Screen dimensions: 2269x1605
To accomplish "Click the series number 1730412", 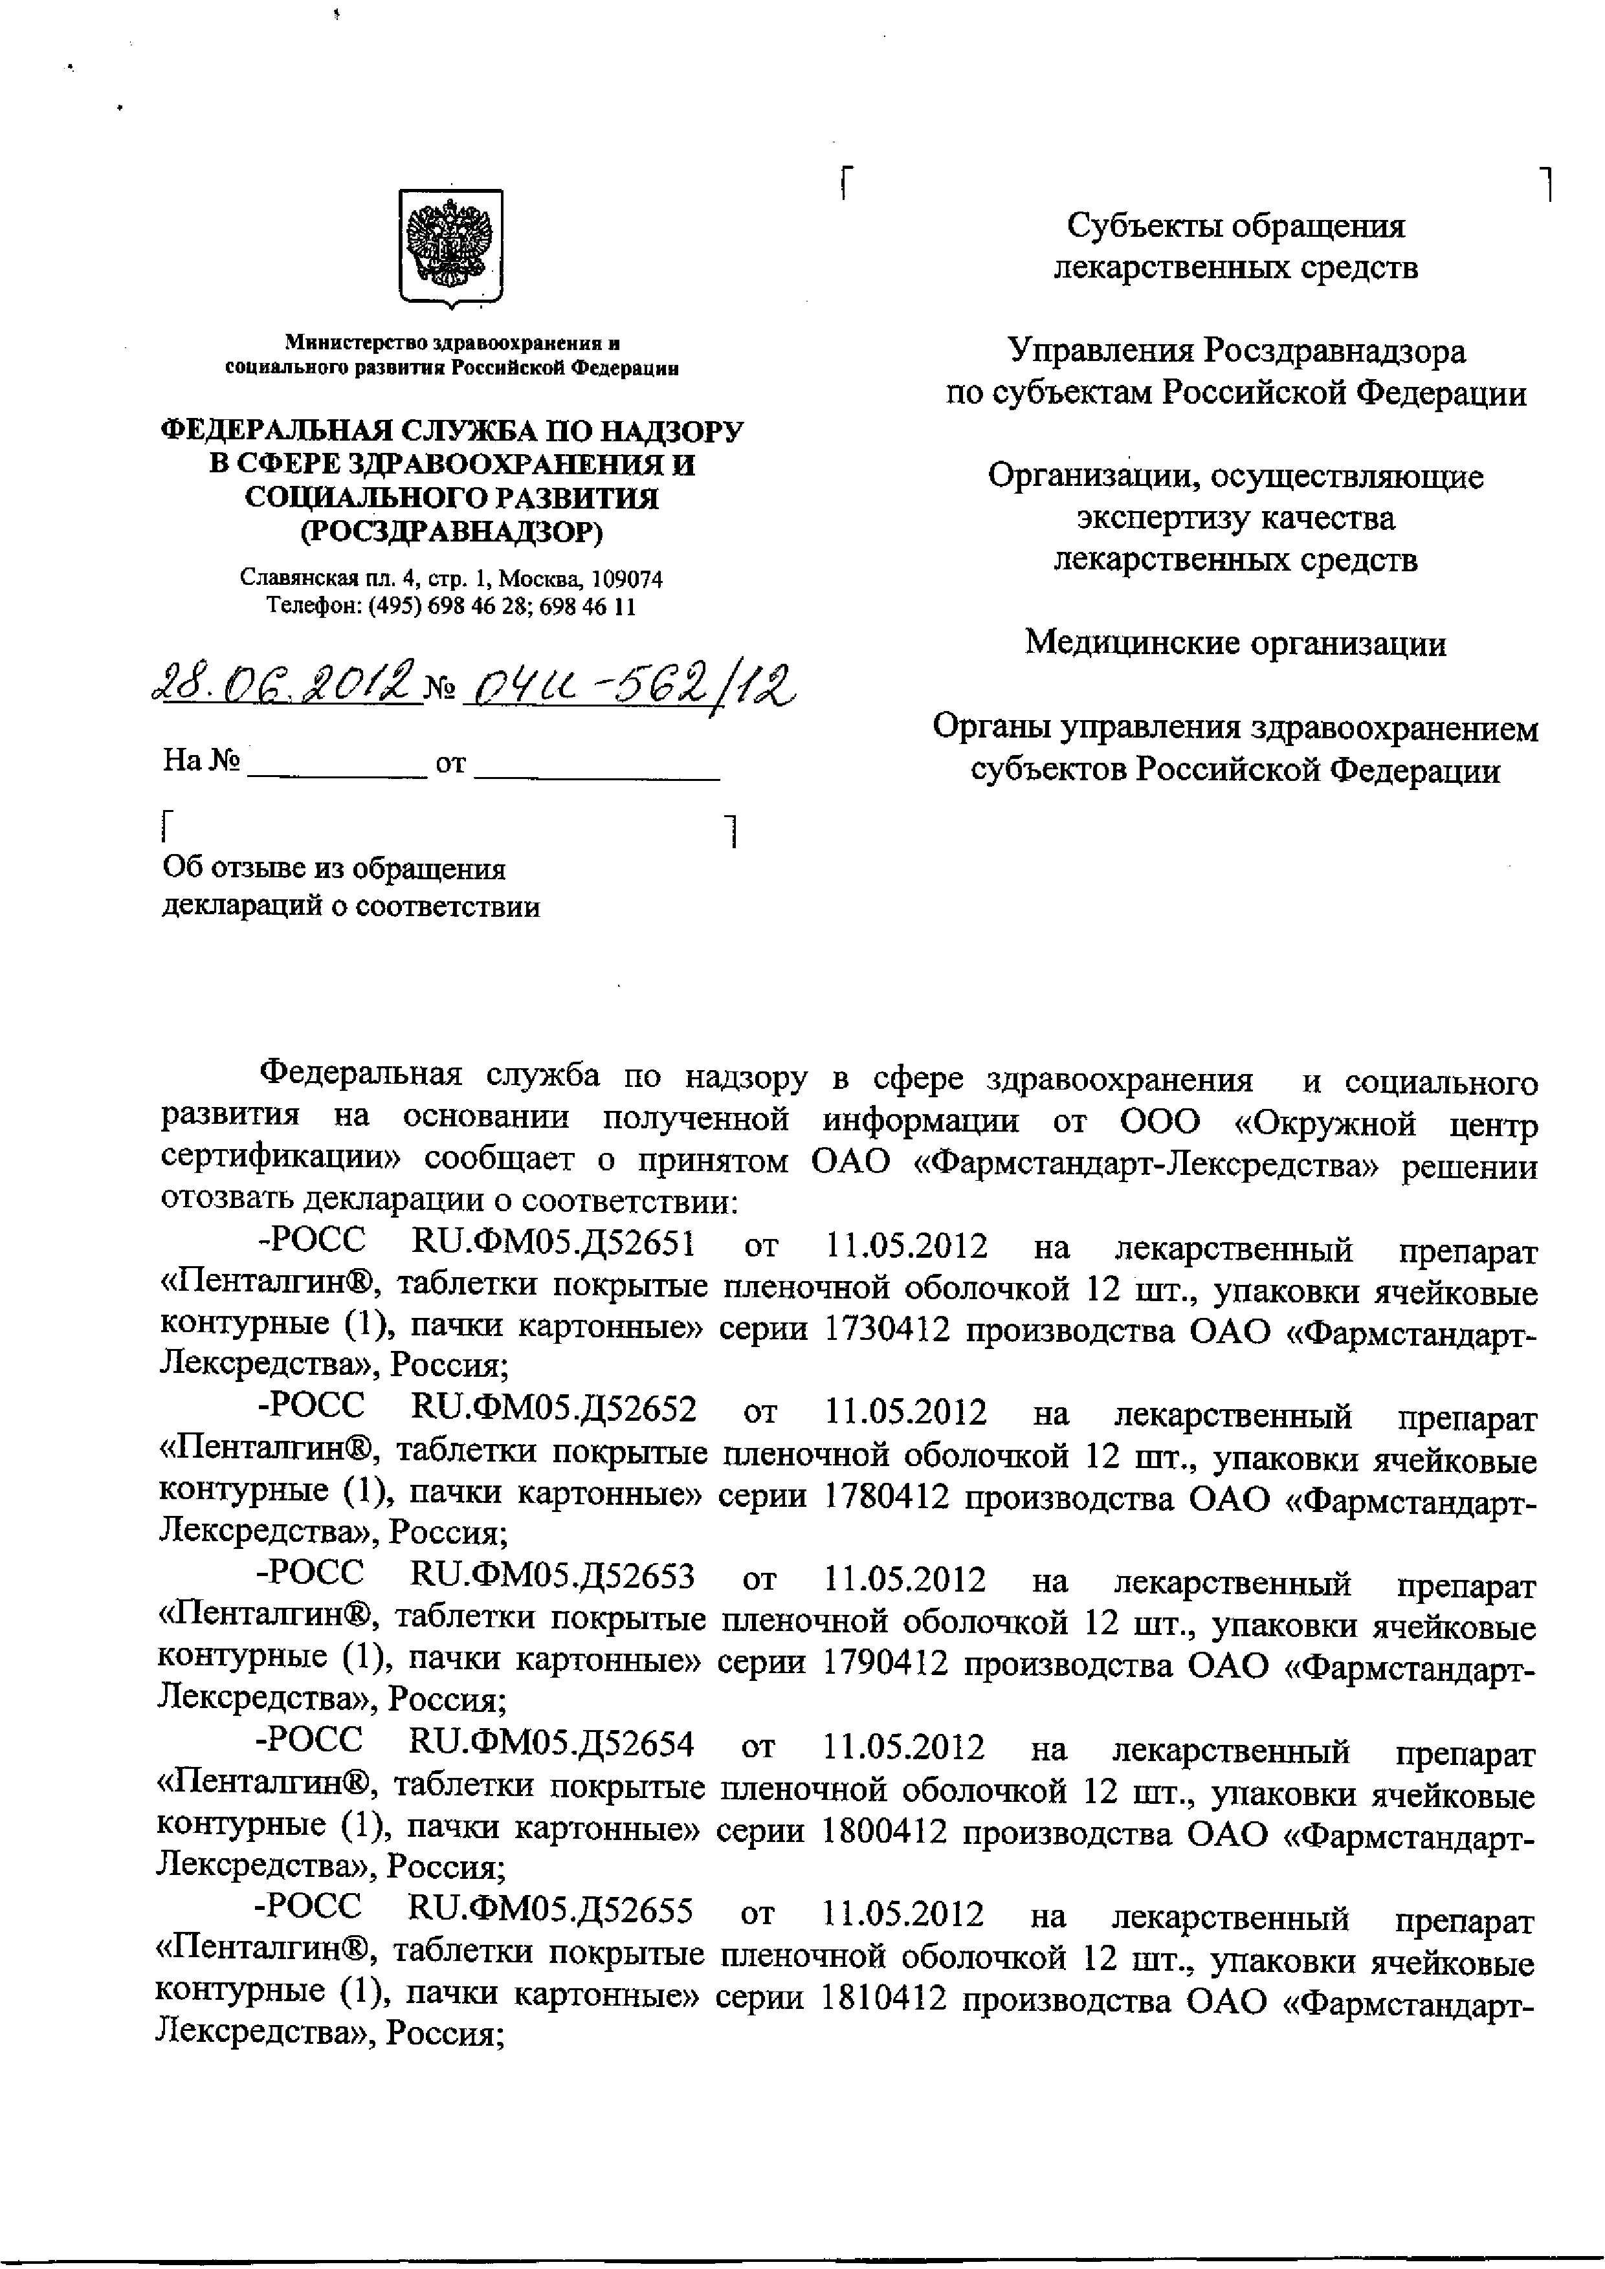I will [885, 1330].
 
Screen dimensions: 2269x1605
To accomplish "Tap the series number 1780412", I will [885, 1497].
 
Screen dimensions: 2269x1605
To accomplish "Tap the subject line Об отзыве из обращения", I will [334, 869].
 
